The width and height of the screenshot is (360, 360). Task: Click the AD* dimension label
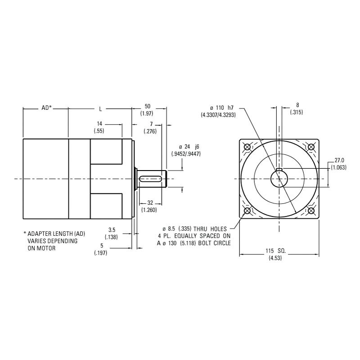point(46,108)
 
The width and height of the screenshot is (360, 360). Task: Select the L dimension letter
point(100,108)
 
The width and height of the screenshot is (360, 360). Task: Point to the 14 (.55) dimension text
point(99,127)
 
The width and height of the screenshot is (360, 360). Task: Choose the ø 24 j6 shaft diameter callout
point(186,150)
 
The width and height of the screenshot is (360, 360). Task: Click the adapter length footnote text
point(54,241)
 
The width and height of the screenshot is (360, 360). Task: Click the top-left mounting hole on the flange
point(247,147)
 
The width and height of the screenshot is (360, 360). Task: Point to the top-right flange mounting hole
point(311,147)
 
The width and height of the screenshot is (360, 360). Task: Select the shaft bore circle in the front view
point(279,179)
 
